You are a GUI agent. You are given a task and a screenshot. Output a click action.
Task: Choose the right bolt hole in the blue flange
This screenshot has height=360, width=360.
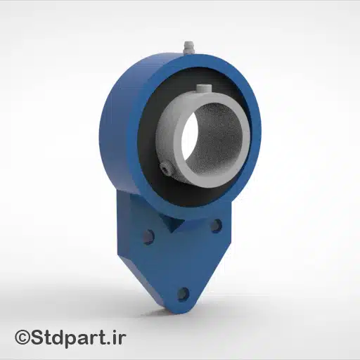[216, 226]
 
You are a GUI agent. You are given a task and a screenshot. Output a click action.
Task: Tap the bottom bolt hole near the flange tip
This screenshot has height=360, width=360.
[184, 293]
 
